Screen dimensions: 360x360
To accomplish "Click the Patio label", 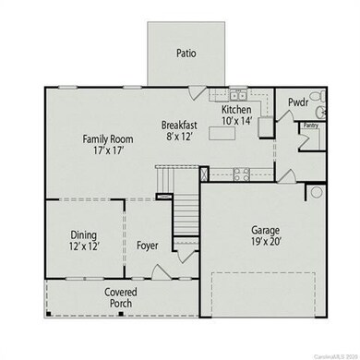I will pos(186,54).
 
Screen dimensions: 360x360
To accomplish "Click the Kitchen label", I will pos(236,108).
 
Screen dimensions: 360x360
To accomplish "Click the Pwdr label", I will pos(297,103).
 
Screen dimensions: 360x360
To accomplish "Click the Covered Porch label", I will pos(120,297).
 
